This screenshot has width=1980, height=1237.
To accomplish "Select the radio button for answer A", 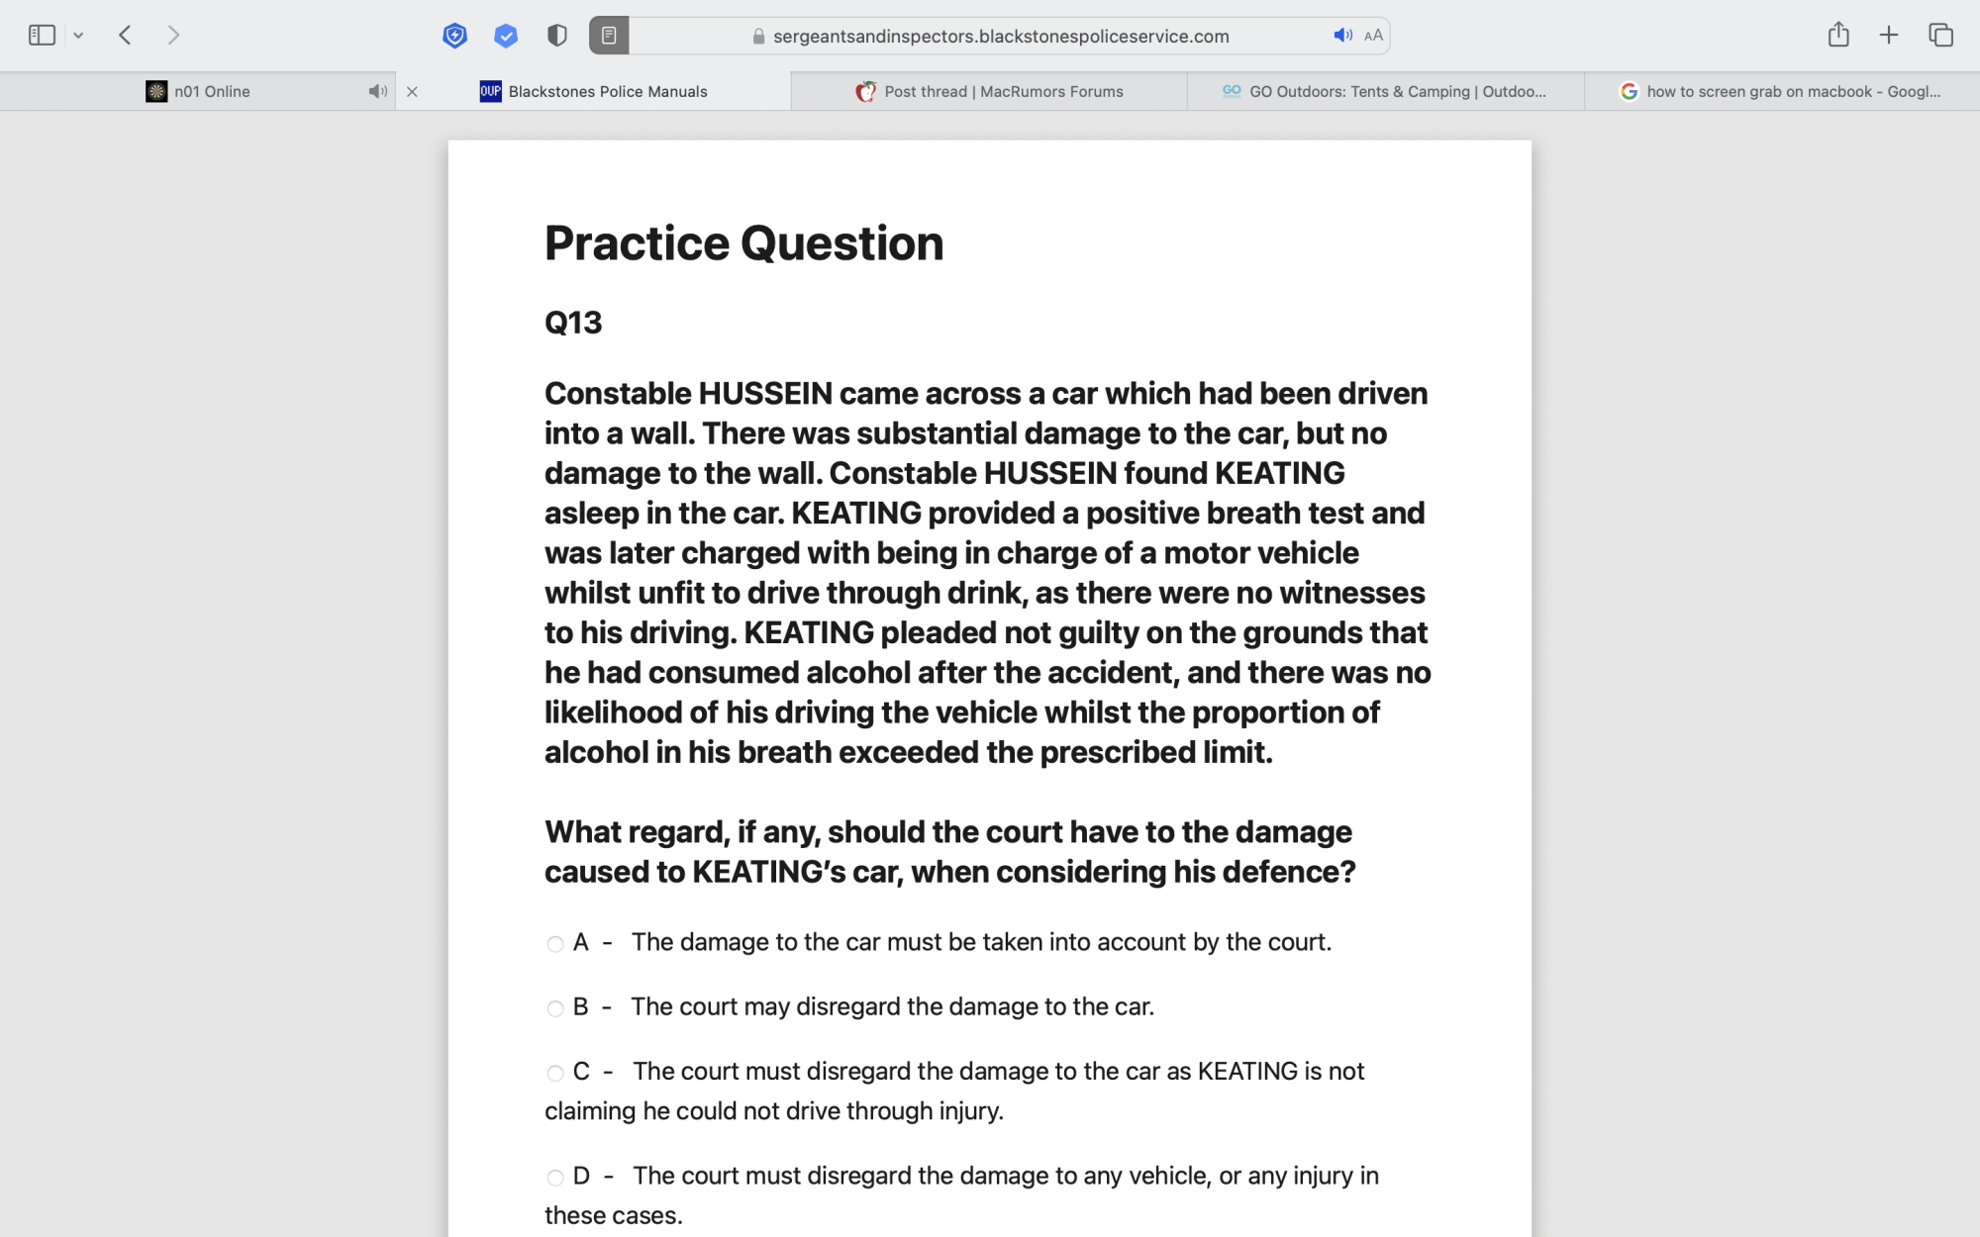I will point(555,944).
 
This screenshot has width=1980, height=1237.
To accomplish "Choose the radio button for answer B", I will point(555,1008).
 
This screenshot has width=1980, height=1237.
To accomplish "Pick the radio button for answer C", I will point(555,1073).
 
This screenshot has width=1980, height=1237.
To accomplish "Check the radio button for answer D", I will point(555,1178).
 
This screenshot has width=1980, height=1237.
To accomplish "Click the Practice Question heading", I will point(743,243).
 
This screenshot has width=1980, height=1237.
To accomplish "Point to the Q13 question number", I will point(573,323).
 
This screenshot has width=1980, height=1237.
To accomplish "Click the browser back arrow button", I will point(126,36).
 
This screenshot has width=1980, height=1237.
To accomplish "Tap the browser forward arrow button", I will point(174,36).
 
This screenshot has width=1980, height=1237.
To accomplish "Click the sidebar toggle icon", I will point(42,36).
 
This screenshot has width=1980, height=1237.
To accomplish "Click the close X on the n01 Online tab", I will point(412,92).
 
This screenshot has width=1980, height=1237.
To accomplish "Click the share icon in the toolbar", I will point(1838,36).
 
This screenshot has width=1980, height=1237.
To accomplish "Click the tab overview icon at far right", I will point(1940,36).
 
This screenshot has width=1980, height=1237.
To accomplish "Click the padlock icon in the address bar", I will point(758,37).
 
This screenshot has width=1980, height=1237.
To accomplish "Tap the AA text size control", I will point(1373,36).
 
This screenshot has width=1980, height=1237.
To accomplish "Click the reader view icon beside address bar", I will point(609,36).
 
